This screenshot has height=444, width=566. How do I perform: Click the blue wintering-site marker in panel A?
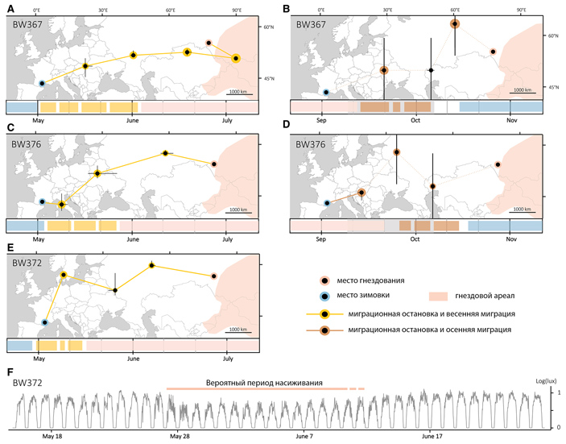click(x=42, y=82)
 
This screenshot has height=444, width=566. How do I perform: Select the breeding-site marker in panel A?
click(x=209, y=43)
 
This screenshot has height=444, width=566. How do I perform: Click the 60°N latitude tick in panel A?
click(x=268, y=27)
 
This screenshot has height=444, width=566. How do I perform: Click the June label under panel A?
click(x=133, y=120)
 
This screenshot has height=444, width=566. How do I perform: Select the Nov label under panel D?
click(x=511, y=240)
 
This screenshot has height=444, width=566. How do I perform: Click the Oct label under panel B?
click(x=415, y=120)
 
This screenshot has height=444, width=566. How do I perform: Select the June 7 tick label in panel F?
click(x=305, y=436)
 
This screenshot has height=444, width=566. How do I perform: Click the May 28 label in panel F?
click(x=179, y=436)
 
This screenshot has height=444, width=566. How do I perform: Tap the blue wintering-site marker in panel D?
click(x=326, y=203)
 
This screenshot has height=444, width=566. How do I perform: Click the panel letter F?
click(x=10, y=372)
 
